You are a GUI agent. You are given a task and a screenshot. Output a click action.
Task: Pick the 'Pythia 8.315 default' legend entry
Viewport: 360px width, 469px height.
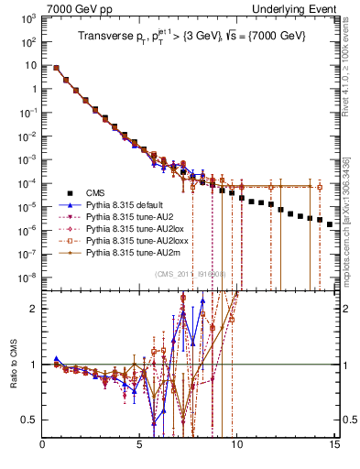(120, 206)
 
